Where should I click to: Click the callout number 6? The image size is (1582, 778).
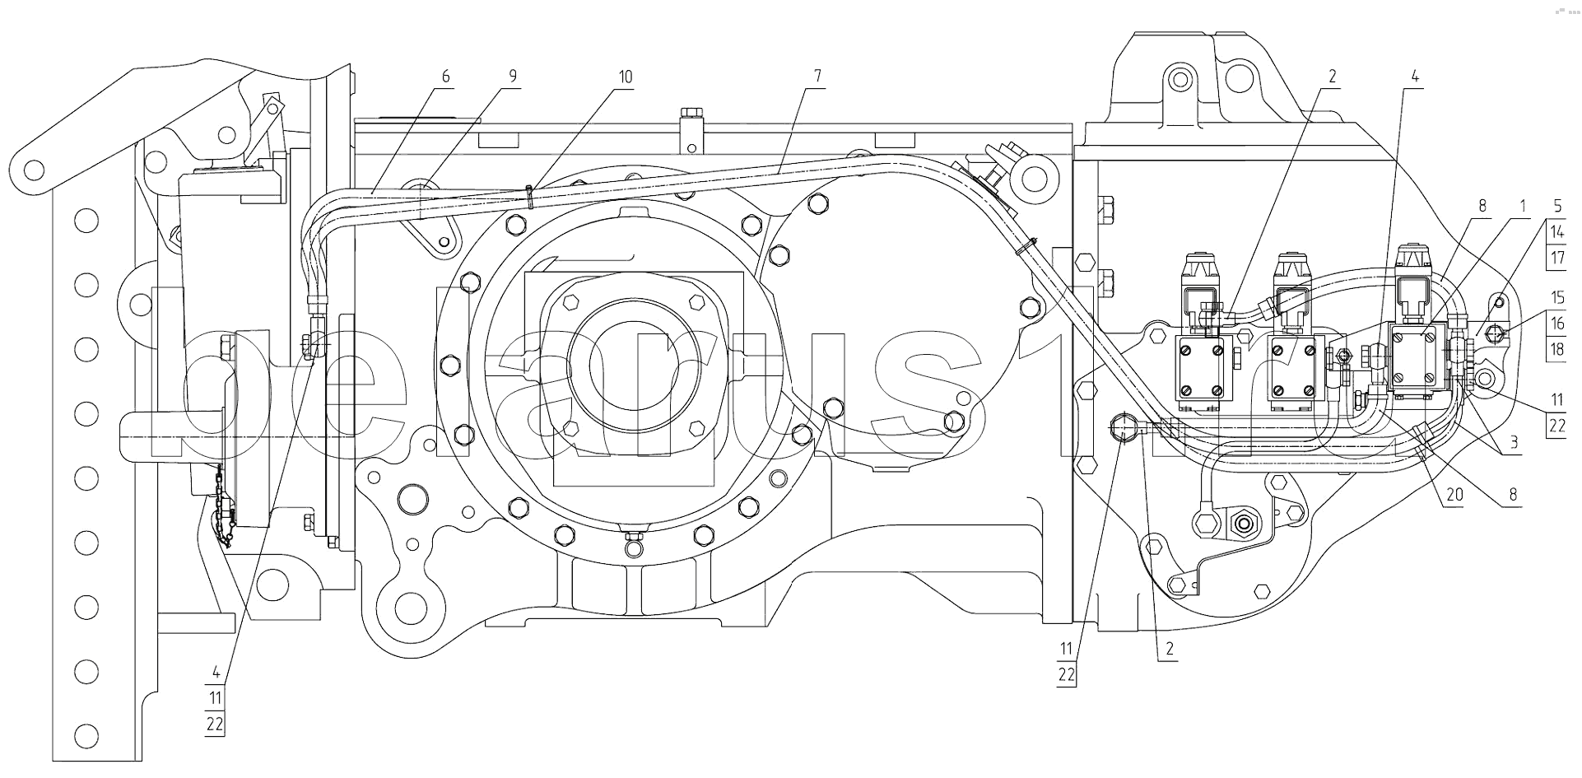446,77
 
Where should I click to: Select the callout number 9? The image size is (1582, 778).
513,77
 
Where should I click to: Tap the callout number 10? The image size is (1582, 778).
626,77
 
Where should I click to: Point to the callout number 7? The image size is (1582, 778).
817,77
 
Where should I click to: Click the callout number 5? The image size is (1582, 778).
1557,205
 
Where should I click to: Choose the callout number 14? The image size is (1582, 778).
1557,231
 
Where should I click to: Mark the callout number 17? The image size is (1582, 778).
1557,257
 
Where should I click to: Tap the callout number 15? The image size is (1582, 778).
1557,297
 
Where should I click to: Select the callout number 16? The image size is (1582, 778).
1557,323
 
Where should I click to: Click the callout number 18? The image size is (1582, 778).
1557,348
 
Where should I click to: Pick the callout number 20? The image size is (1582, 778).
1454,496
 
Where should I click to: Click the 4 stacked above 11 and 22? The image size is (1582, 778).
215,671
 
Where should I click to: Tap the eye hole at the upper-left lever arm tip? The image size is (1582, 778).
34,170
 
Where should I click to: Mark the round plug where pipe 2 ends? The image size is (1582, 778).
1123,428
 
